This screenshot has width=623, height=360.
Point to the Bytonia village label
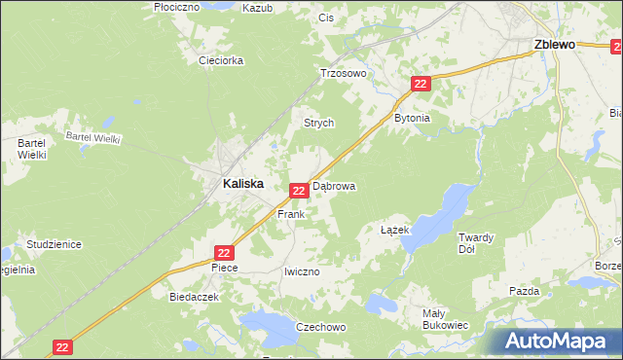pos(411,118)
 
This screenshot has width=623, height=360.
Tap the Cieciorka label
pos(221,60)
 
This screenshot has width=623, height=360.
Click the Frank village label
pos(291,213)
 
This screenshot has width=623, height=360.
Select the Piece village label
pos(225,267)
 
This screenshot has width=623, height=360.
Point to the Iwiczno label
pos(301,271)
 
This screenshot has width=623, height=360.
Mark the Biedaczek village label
pos(190,297)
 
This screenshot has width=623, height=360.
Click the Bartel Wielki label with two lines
pos(32,148)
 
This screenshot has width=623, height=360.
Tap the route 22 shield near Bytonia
pos(421,86)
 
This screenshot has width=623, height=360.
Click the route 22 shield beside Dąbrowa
pos(300,192)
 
